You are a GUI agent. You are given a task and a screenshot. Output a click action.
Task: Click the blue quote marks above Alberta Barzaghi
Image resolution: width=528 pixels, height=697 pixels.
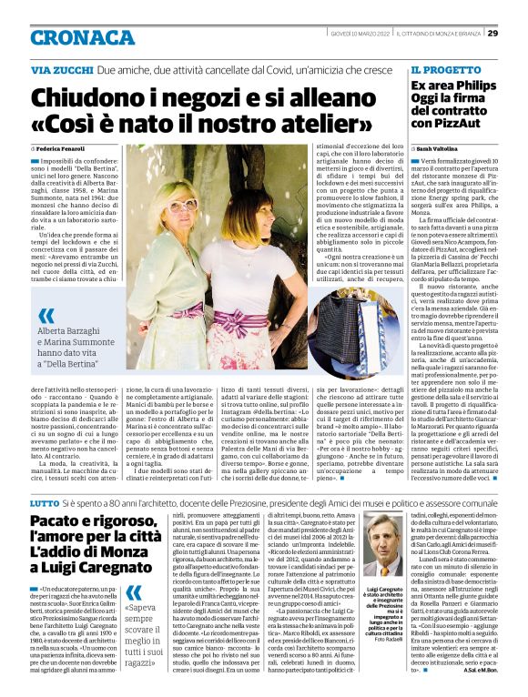coord(46,317)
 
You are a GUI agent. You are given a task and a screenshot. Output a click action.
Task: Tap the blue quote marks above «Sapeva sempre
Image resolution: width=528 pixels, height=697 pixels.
coord(135,592)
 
